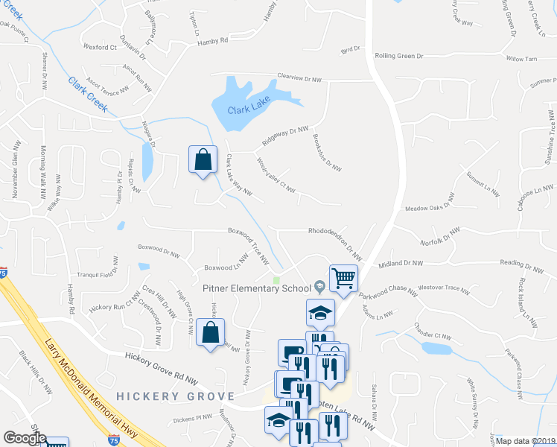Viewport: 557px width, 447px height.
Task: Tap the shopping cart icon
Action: tap(343, 279)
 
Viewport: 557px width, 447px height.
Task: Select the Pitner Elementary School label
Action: tap(256, 288)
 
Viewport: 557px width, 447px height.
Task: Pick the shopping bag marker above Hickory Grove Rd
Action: tap(211, 332)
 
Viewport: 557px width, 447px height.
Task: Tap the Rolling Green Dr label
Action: tap(398, 56)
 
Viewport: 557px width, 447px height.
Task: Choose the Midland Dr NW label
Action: tap(400, 263)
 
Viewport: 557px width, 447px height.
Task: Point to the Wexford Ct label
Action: tap(101, 47)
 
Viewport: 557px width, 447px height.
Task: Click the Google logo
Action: tap(25, 437)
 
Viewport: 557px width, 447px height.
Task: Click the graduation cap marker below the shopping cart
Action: tap(320, 313)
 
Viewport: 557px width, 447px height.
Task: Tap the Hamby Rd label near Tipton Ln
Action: tap(212, 42)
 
